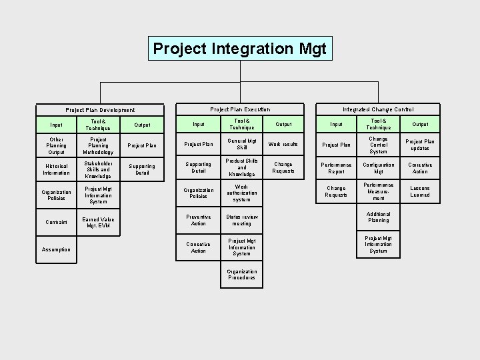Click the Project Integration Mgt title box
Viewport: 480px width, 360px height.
point(239,49)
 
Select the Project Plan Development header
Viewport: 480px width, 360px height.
point(100,110)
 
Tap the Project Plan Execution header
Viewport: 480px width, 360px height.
point(240,109)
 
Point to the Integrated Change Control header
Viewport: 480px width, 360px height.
point(378,109)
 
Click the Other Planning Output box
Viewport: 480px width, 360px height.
point(56,145)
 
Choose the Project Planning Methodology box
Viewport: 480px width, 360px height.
point(99,145)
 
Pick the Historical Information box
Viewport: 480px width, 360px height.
point(56,169)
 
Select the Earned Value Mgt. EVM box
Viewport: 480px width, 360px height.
point(99,222)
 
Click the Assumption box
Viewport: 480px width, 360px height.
point(56,249)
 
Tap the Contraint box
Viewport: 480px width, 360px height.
point(56,222)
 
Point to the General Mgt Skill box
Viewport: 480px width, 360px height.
point(241,144)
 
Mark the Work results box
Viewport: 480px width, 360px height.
point(283,144)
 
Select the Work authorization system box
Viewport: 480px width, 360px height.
point(241,193)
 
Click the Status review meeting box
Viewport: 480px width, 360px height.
point(241,220)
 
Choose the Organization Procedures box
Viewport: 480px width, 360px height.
point(241,275)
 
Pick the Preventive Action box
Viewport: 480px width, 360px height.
point(199,220)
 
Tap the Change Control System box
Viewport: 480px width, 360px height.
point(378,145)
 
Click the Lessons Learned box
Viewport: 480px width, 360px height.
point(420,192)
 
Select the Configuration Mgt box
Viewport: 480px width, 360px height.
point(378,168)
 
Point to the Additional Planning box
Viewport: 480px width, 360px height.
point(378,217)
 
